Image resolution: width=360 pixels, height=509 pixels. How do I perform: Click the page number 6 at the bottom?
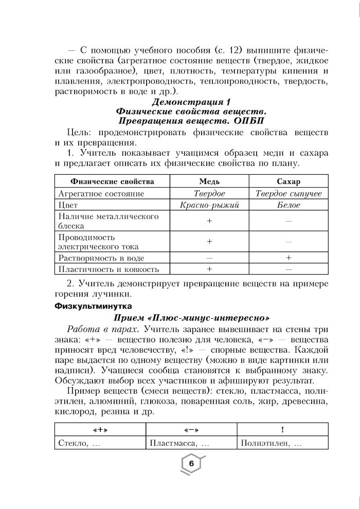coord(191,464)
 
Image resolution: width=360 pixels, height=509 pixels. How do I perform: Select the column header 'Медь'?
coord(209,181)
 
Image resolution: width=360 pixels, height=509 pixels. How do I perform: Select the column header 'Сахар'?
coord(289,181)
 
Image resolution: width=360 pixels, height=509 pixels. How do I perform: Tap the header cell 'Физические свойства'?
coord(112,181)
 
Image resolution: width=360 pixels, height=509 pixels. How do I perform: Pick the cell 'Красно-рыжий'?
coord(209,205)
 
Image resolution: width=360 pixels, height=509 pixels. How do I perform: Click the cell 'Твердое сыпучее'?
coord(289,193)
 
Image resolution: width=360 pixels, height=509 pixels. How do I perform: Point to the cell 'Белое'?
coord(289,205)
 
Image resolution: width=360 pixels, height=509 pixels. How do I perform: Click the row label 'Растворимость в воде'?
coord(101,258)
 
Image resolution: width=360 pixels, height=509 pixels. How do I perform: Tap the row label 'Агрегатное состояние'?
coord(101,193)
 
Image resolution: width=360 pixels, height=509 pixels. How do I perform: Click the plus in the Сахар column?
coord(289,258)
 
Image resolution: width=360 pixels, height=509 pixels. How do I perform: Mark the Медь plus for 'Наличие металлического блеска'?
coord(209,221)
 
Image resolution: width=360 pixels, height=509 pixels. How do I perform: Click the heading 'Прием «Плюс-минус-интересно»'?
coord(191,317)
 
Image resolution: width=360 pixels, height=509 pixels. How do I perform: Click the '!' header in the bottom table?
coord(282,429)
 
